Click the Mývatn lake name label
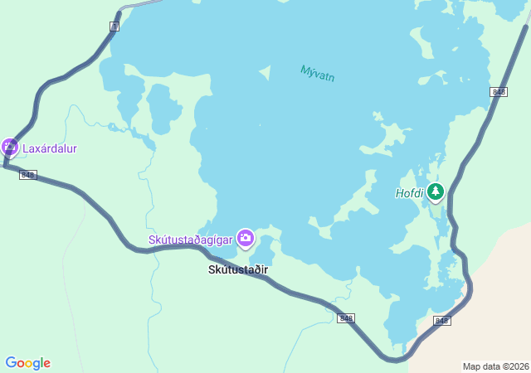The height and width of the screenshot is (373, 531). click(x=317, y=74)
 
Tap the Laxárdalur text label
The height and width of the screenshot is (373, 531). click(x=49, y=149)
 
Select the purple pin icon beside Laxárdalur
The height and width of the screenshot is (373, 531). click(x=10, y=148)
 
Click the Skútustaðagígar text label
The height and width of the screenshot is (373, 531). click(x=191, y=240)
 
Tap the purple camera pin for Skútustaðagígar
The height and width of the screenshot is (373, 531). click(x=245, y=239)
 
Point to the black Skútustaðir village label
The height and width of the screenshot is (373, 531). click(x=238, y=269)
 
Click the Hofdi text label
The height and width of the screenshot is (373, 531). click(x=409, y=193)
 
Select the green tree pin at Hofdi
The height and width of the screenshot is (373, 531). click(x=435, y=191)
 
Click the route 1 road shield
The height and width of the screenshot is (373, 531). click(x=114, y=27)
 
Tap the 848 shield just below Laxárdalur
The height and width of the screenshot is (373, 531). click(x=28, y=175)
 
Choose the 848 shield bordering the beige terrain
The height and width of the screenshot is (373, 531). click(x=441, y=321)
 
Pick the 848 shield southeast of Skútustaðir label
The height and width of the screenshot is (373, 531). click(x=347, y=318)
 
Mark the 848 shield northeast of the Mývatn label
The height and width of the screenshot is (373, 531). click(x=498, y=92)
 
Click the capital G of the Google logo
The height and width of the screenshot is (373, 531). click(x=12, y=363)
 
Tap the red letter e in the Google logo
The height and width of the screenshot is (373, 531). click(x=47, y=364)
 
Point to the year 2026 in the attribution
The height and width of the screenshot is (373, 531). click(x=519, y=366)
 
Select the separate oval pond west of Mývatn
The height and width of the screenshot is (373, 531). click(x=163, y=109)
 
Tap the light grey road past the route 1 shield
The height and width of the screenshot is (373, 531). click(x=141, y=4)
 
